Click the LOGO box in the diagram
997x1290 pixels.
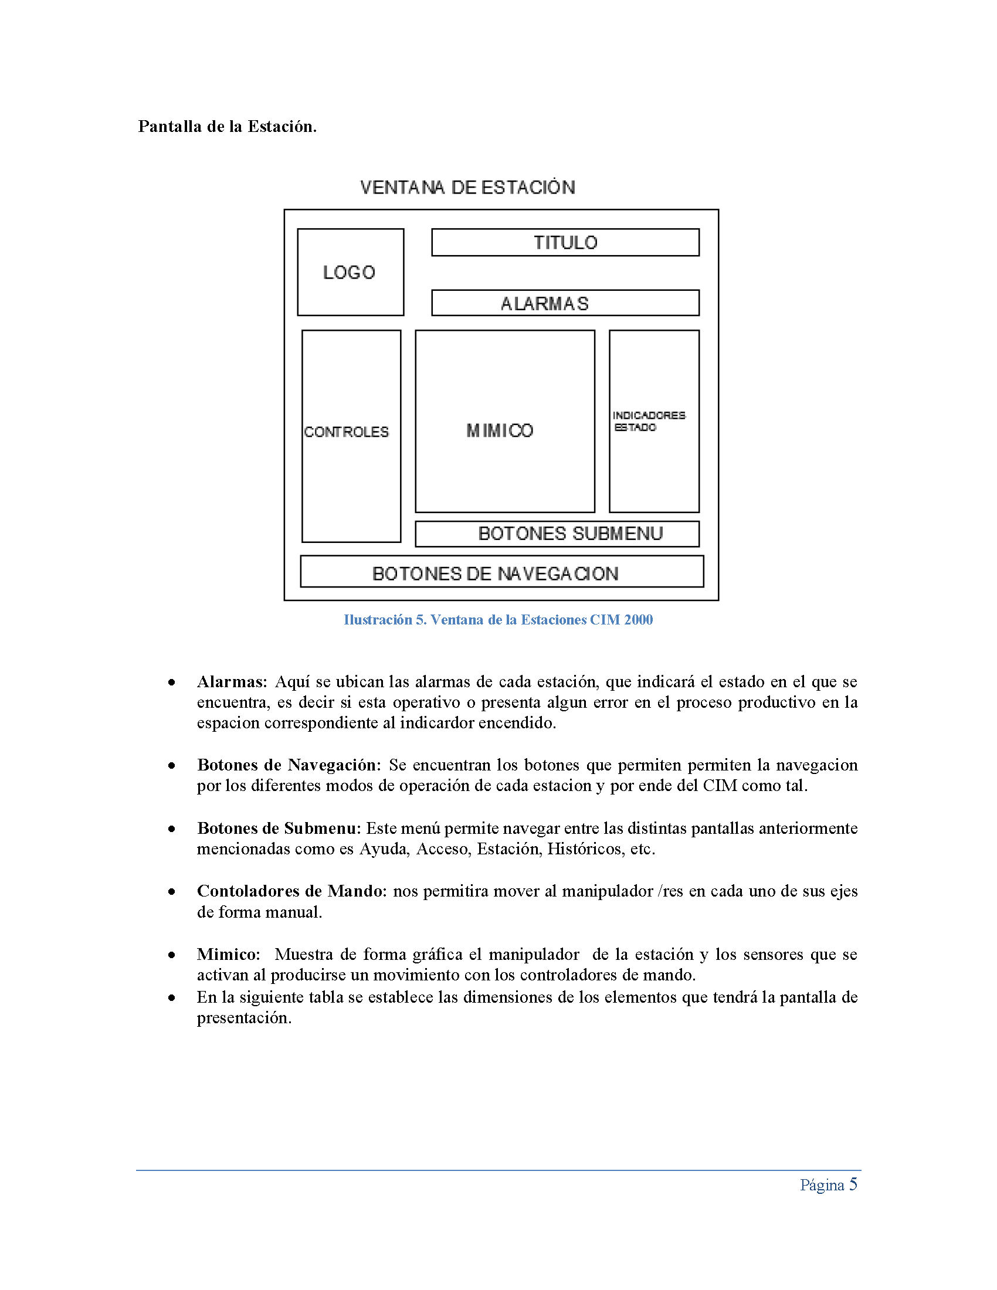pyautogui.click(x=350, y=272)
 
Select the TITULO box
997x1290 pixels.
pyautogui.click(x=565, y=242)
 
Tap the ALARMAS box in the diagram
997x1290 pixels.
pyautogui.click(x=565, y=303)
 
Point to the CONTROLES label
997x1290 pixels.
pyautogui.click(x=347, y=432)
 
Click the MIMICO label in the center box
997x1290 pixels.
pyautogui.click(x=500, y=430)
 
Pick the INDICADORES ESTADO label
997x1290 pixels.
pyautogui.click(x=649, y=421)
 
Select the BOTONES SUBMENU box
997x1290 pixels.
pyautogui.click(x=558, y=534)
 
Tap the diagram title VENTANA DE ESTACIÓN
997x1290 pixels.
pyautogui.click(x=467, y=187)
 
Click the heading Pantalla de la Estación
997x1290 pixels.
pyautogui.click(x=228, y=127)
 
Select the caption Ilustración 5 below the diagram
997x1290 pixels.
pyautogui.click(x=498, y=620)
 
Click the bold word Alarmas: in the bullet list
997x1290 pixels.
pyautogui.click(x=232, y=681)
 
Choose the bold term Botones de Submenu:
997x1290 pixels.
pyautogui.click(x=279, y=828)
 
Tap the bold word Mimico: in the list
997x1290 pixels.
pyautogui.click(x=229, y=954)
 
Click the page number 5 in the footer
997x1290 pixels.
pyautogui.click(x=853, y=1184)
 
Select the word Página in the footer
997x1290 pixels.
pyautogui.click(x=822, y=1185)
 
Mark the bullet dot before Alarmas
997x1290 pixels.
pyautogui.click(x=171, y=683)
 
